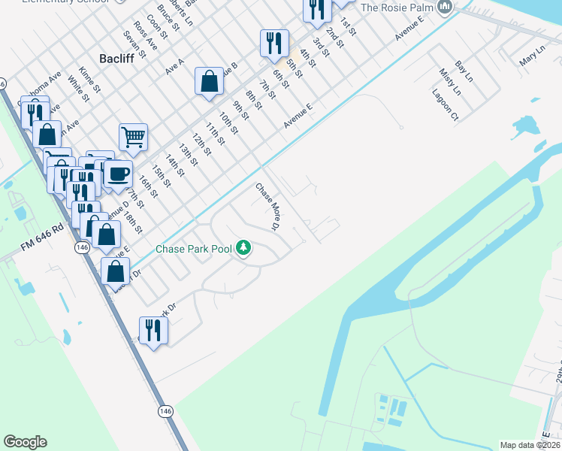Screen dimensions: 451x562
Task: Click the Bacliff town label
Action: pos(116,58)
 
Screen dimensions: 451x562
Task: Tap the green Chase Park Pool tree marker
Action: pos(243,247)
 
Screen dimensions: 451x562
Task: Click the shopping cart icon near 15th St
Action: pos(133,138)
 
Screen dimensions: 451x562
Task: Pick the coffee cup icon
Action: pos(118,174)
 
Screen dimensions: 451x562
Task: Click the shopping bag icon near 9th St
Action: pos(209,81)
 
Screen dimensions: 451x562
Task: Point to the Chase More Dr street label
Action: pos(267,206)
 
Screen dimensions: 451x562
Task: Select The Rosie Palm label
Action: pos(397,8)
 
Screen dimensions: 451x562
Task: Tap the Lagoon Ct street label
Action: pos(445,104)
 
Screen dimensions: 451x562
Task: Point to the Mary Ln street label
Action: pos(530,55)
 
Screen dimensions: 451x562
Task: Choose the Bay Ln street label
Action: pos(464,73)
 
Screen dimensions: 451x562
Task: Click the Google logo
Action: pos(25,441)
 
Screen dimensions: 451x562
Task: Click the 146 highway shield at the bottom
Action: pos(166,411)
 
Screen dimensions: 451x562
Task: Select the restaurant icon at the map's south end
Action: pos(153,330)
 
